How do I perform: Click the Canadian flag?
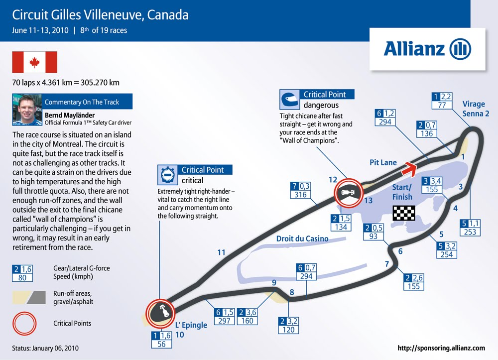(x=35, y=62)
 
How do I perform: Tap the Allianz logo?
(x=427, y=49)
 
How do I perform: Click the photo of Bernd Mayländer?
(x=27, y=110)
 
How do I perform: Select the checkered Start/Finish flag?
(x=404, y=213)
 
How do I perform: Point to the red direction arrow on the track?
(x=409, y=168)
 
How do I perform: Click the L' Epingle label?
(x=191, y=325)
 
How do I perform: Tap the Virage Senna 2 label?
(x=476, y=109)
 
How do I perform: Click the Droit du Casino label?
(x=302, y=239)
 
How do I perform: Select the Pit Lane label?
(x=383, y=162)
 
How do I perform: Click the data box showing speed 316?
(x=300, y=190)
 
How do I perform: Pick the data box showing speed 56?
(x=162, y=340)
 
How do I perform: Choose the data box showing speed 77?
(x=442, y=101)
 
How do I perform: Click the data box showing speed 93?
(x=373, y=232)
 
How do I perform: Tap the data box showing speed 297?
(x=224, y=317)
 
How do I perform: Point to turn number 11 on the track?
(x=222, y=252)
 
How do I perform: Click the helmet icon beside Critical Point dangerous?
(x=290, y=100)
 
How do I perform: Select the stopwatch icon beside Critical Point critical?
(x=168, y=175)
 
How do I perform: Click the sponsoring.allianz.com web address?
(x=441, y=348)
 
